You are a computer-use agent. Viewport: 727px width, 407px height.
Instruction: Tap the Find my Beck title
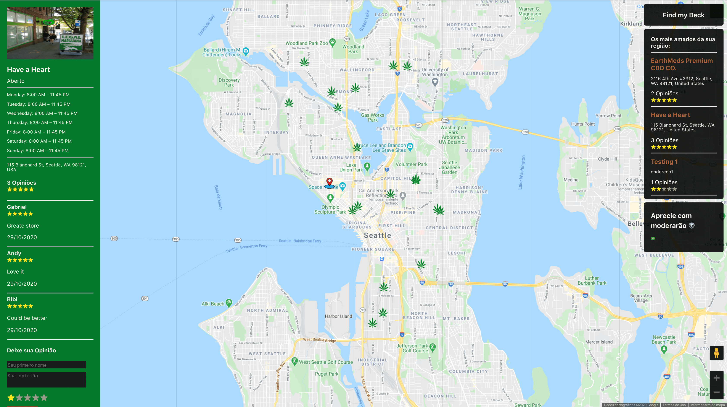coord(683,15)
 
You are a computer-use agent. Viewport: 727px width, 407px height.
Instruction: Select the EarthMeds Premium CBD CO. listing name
coord(681,64)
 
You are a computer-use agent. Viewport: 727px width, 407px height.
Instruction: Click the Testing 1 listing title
coord(664,162)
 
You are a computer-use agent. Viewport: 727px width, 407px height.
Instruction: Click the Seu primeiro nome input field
coord(46,365)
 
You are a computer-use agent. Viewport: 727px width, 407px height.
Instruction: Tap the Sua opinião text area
coord(46,379)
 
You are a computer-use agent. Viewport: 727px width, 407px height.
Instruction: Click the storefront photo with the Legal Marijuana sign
coord(50,33)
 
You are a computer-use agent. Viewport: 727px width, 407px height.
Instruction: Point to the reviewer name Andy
coord(14,253)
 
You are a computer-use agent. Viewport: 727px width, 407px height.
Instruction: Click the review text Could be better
coord(27,318)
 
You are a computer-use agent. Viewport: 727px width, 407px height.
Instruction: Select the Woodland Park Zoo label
coord(307,43)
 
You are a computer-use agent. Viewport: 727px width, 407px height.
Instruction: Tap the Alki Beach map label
coord(212,304)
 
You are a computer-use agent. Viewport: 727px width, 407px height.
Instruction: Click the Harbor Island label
coord(338,316)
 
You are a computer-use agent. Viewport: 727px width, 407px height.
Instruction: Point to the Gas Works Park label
coord(373,117)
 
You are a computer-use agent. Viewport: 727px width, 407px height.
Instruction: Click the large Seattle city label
coord(377,235)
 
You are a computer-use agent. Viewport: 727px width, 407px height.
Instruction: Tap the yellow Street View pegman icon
coord(716,353)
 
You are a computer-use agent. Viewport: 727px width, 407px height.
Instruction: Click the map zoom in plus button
coord(716,378)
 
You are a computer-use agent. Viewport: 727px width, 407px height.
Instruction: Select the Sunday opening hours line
coord(37,151)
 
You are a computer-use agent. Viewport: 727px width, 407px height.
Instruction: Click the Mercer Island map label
coord(599,342)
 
